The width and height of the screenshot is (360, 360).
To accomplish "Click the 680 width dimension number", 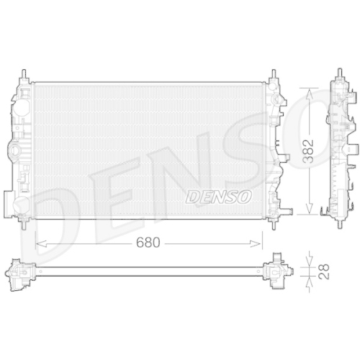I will click(x=148, y=244).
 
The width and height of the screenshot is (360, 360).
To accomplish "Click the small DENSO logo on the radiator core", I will click(x=218, y=195).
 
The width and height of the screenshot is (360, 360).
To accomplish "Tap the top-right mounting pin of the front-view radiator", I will click(x=274, y=74).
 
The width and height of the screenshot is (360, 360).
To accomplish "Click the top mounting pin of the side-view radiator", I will click(x=338, y=74).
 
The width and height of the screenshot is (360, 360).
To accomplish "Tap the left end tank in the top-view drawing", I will click(x=22, y=271).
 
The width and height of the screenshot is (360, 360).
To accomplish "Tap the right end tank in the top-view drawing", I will click(x=277, y=271).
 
